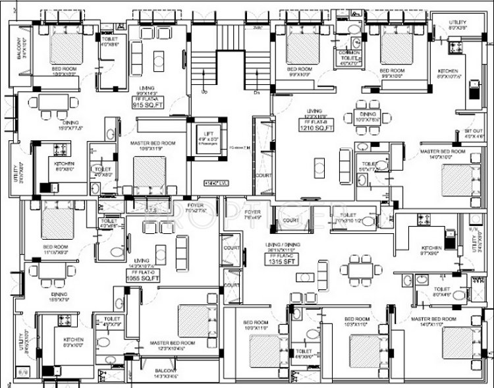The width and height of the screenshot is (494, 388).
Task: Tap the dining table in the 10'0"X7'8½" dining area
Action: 364,109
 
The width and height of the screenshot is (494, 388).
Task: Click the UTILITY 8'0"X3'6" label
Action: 459,25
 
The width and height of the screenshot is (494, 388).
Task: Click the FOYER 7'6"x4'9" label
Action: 253,215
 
